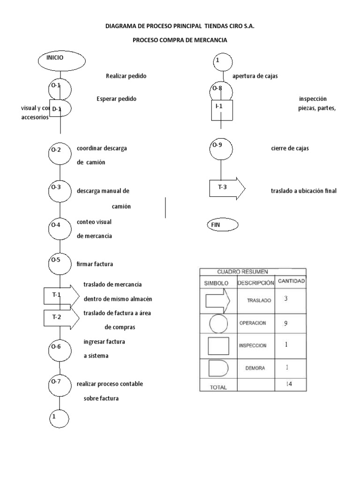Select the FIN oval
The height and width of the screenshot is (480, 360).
coord(222,225)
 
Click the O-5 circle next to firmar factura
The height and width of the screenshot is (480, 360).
coord(60,264)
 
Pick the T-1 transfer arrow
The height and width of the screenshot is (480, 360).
coord(61,295)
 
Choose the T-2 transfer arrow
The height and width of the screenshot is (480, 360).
coord(61,317)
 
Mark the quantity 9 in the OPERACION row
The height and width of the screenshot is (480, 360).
coord(285,323)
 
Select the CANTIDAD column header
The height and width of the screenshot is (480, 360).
coord(292,282)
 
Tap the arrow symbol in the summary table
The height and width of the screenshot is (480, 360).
coord(218,300)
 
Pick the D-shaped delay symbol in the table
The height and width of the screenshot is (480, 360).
coord(218,368)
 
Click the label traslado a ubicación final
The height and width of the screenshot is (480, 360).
coord(304,191)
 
